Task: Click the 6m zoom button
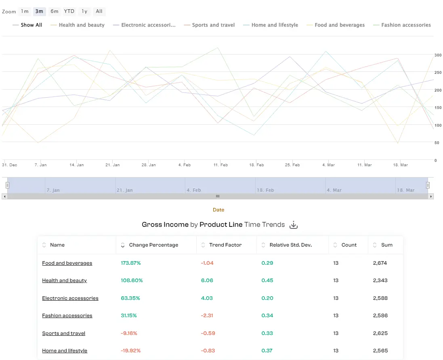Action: [55, 11]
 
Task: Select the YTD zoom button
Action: [69, 11]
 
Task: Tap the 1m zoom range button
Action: [25, 11]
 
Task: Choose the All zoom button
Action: [99, 11]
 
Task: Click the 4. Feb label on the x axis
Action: [184, 165]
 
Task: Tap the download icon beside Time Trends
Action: [294, 225]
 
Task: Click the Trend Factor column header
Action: [225, 245]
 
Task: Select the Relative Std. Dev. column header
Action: [290, 245]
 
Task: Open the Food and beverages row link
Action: [67, 263]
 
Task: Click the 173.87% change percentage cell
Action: [131, 263]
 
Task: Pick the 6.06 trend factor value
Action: [207, 280]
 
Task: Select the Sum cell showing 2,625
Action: [380, 333]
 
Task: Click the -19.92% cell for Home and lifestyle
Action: [131, 351]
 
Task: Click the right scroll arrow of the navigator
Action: [431, 197]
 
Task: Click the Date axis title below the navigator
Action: [218, 210]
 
